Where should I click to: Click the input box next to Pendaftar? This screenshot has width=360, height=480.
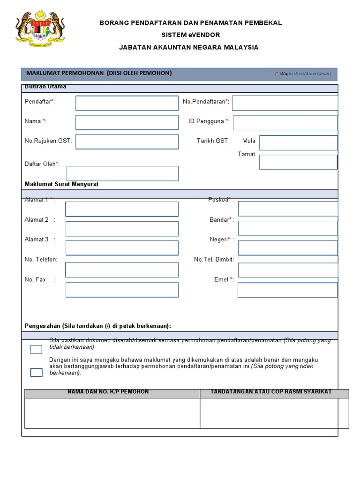[x=127, y=103]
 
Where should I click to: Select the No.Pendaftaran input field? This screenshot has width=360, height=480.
[x=285, y=103]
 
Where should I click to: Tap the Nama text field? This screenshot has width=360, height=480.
[x=127, y=122]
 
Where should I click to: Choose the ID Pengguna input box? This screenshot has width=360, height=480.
[x=285, y=123]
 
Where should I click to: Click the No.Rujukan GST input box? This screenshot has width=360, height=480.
[x=127, y=142]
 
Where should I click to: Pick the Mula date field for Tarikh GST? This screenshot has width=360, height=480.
[x=298, y=143]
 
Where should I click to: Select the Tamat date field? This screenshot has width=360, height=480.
[x=298, y=162]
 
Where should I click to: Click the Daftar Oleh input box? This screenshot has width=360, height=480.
[x=122, y=173]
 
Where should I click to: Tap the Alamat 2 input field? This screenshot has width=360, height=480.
[x=122, y=229]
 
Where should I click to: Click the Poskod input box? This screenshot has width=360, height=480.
[x=288, y=209]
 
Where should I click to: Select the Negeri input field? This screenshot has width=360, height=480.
[x=288, y=248]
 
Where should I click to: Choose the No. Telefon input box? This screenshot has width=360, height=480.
[x=122, y=270]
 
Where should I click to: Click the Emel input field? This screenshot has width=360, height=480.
[x=287, y=290]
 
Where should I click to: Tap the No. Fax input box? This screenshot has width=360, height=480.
[x=122, y=290]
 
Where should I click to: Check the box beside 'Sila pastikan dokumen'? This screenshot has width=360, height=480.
[x=36, y=349]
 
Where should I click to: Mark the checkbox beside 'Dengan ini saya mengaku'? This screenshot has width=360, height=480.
[x=36, y=373]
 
